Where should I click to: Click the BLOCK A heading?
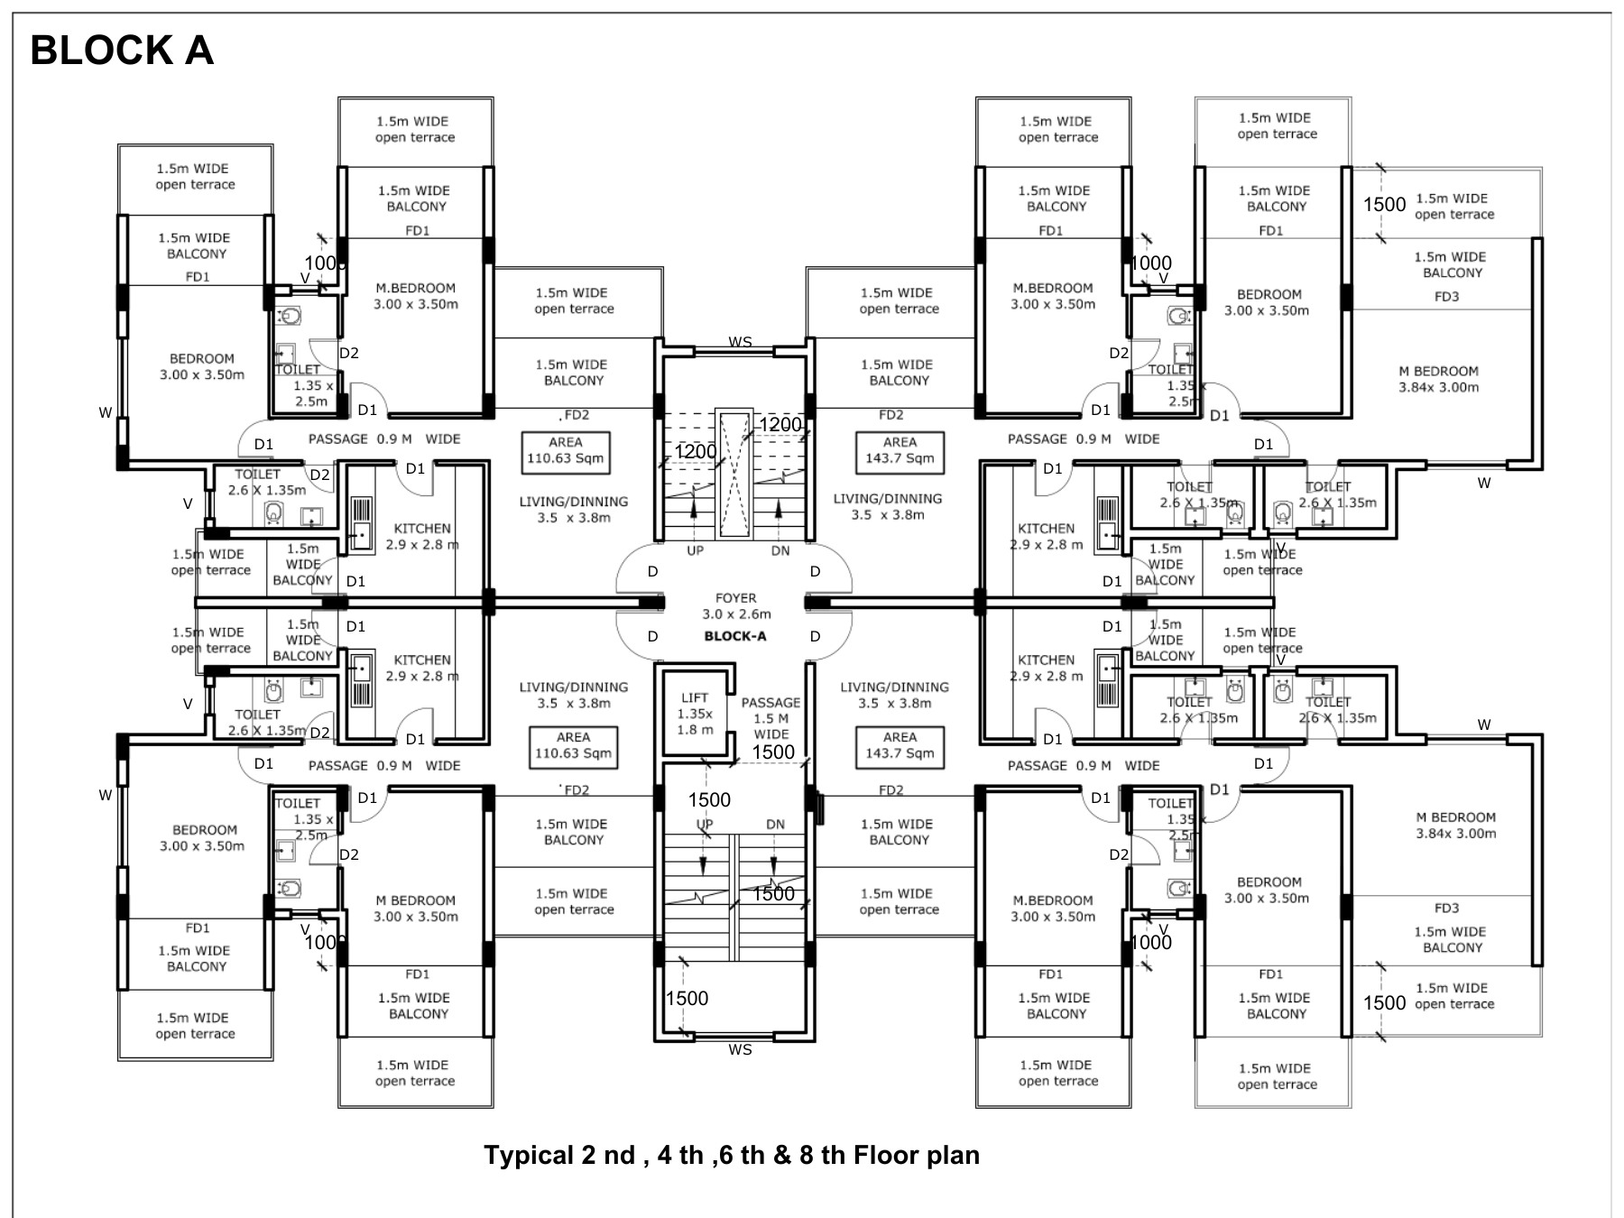tap(122, 51)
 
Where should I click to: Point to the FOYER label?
tap(735, 598)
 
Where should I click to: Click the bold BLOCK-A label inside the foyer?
tap(735, 636)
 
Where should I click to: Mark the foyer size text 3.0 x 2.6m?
tap(736, 614)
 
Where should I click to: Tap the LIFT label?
tap(695, 697)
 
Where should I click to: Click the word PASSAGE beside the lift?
tap(770, 703)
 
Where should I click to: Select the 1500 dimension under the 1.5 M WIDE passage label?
tap(773, 752)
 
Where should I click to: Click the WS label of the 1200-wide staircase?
tap(740, 342)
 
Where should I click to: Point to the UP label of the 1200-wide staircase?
tap(695, 550)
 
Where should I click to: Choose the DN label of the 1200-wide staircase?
tap(780, 550)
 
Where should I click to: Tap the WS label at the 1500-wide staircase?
tap(740, 1049)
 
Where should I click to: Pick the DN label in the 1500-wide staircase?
tap(775, 824)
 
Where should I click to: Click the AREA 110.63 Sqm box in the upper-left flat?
tap(566, 450)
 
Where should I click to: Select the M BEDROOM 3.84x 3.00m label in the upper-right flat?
tap(1438, 379)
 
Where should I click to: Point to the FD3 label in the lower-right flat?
tap(1446, 909)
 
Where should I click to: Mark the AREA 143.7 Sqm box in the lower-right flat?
tap(900, 745)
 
